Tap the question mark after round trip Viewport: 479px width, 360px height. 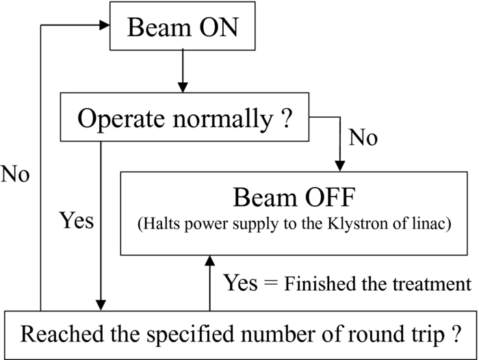click(452, 335)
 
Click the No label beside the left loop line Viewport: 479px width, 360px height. click(15, 174)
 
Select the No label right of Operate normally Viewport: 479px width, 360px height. click(363, 139)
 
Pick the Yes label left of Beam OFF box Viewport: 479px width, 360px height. click(76, 222)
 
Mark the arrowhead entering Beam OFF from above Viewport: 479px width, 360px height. click(338, 166)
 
